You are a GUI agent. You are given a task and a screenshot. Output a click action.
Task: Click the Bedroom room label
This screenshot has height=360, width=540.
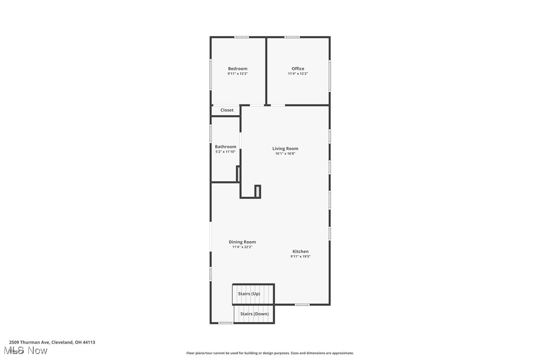click(x=237, y=69)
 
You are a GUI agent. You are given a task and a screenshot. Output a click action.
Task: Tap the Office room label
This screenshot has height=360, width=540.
click(x=298, y=69)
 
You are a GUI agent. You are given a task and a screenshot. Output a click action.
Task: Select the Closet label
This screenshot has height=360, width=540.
click(x=227, y=110)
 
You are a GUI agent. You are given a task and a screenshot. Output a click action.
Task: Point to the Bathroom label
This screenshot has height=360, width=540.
click(x=225, y=147)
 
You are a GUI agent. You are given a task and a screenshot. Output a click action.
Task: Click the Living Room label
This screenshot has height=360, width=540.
click(x=285, y=149)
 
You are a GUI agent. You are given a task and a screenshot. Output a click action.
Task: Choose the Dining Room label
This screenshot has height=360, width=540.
click(x=242, y=242)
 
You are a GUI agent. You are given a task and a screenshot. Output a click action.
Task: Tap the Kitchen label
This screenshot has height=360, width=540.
click(x=300, y=252)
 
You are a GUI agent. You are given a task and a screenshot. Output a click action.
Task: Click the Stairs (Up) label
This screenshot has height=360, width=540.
click(x=249, y=294)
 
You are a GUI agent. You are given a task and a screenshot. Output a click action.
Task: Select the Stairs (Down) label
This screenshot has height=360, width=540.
click(x=254, y=314)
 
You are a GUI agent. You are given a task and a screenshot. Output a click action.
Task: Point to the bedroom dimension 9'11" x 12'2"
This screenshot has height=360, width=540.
click(x=238, y=74)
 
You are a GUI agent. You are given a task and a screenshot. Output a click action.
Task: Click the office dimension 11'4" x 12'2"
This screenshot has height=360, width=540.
click(x=298, y=74)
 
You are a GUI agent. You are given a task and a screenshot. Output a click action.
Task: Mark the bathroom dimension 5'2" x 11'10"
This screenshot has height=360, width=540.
click(x=225, y=152)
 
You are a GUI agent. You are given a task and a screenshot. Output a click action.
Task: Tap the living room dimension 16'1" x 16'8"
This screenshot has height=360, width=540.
click(x=285, y=154)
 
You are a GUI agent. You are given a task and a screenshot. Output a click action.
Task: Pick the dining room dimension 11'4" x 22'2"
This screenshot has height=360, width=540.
click(x=242, y=247)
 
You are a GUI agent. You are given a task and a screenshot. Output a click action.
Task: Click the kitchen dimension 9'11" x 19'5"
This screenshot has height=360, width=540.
click(x=300, y=257)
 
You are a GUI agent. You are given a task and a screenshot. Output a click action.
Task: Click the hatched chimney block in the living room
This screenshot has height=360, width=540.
click(x=258, y=191)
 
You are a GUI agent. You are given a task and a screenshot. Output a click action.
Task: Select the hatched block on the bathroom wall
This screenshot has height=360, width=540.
click(x=238, y=174)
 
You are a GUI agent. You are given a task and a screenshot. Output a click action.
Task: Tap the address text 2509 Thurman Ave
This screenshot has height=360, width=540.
click(x=52, y=342)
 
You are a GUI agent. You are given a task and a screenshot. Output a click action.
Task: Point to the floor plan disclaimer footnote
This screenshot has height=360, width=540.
click(x=270, y=353)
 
